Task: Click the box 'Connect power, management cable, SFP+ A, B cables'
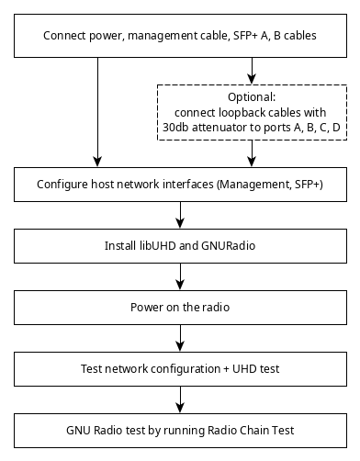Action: click(x=180, y=37)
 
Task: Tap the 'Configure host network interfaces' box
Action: click(x=180, y=184)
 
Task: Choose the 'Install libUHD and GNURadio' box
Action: click(x=180, y=247)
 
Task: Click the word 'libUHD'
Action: click(x=157, y=247)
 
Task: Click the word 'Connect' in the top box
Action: click(x=67, y=37)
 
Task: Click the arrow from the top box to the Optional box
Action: click(x=252, y=71)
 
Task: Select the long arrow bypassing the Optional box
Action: click(x=96, y=110)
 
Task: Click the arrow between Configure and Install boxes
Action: click(x=180, y=215)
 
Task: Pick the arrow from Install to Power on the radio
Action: click(x=180, y=277)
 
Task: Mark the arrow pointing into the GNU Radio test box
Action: click(x=180, y=401)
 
